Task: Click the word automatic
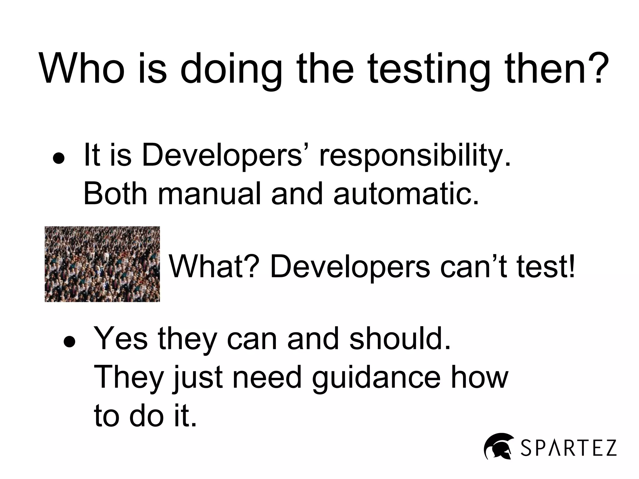[x=406, y=194]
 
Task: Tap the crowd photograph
[x=102, y=264]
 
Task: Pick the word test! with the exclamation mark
[x=546, y=267]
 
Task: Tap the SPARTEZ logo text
[x=568, y=448]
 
